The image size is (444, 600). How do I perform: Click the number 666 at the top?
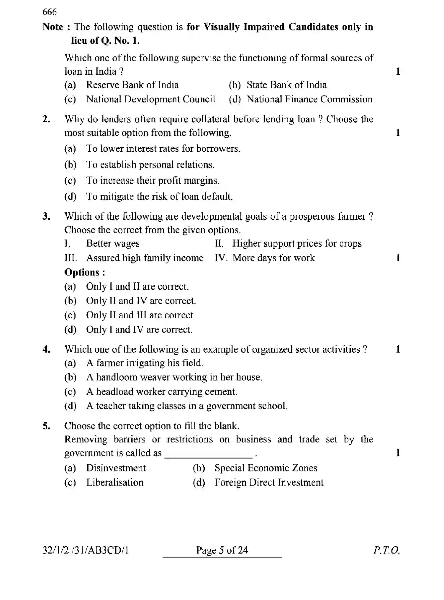pyautogui.click(x=49, y=12)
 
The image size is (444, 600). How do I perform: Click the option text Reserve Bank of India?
pyautogui.click(x=132, y=85)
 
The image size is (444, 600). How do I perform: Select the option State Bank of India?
pyautogui.click(x=286, y=85)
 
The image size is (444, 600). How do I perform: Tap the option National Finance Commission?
pyautogui.click(x=309, y=99)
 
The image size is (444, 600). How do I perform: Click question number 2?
pyautogui.click(x=46, y=119)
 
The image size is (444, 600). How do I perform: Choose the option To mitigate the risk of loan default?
pyautogui.click(x=159, y=196)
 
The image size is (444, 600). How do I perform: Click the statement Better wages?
pyautogui.click(x=113, y=244)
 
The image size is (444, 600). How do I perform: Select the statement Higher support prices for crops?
pyautogui.click(x=296, y=244)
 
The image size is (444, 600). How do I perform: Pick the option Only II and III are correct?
pyautogui.click(x=140, y=315)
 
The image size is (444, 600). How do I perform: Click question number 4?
pyautogui.click(x=46, y=350)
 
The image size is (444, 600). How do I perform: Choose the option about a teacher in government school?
pyautogui.click(x=186, y=406)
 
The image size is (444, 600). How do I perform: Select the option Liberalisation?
pyautogui.click(x=115, y=483)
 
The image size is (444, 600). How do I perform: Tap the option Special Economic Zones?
pyautogui.click(x=266, y=468)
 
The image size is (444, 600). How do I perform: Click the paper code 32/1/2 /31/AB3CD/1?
pyautogui.click(x=86, y=550)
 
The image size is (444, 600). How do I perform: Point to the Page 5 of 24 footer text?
pyautogui.click(x=222, y=550)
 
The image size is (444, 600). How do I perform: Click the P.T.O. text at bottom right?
pyautogui.click(x=386, y=550)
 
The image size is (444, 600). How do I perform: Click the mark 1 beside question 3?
pyautogui.click(x=398, y=258)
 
